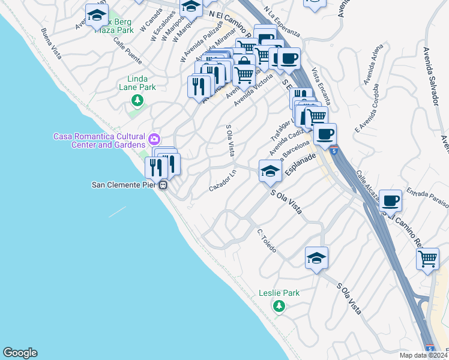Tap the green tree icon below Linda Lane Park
pos(137,100)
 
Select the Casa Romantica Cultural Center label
pos(100,140)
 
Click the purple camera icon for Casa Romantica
pos(155,139)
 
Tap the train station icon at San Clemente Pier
pos(163,185)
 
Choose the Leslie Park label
pos(279,293)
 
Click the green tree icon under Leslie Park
pos(279,307)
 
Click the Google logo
pos(20,353)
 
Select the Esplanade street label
pos(300,164)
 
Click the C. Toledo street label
pos(266,240)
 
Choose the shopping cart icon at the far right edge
pos(427,259)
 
